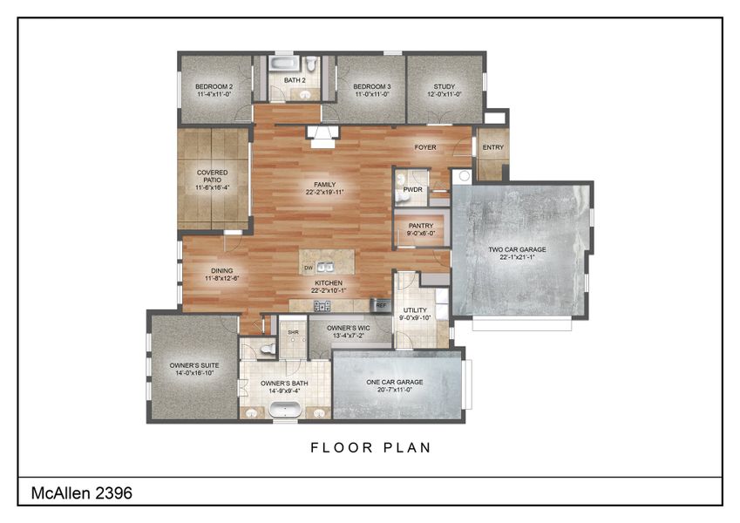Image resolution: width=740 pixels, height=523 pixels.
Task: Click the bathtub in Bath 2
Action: pyautogui.click(x=282, y=64)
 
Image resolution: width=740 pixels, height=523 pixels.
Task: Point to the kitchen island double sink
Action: pyautogui.click(x=324, y=268)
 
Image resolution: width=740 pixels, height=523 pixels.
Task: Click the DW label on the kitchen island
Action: pyautogui.click(x=309, y=268)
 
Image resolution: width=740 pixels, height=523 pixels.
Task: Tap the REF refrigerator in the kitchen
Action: pyautogui.click(x=381, y=305)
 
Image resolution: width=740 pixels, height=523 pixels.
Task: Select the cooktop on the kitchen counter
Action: pyautogui.click(x=322, y=305)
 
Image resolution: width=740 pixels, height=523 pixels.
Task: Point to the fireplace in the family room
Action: pyautogui.click(x=321, y=132)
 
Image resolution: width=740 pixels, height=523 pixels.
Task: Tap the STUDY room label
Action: pyautogui.click(x=445, y=87)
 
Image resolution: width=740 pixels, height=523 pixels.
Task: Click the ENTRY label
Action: pyautogui.click(x=492, y=147)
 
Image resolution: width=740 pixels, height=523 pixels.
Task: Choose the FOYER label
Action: pyautogui.click(x=424, y=147)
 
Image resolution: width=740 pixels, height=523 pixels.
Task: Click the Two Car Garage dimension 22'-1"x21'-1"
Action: pyautogui.click(x=523, y=258)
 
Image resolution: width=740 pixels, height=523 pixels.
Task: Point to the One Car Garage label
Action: pyautogui.click(x=395, y=382)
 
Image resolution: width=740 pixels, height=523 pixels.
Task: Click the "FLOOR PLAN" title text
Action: pyautogui.click(x=370, y=448)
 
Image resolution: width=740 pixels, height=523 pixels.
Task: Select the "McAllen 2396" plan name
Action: pyautogui.click(x=82, y=492)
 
